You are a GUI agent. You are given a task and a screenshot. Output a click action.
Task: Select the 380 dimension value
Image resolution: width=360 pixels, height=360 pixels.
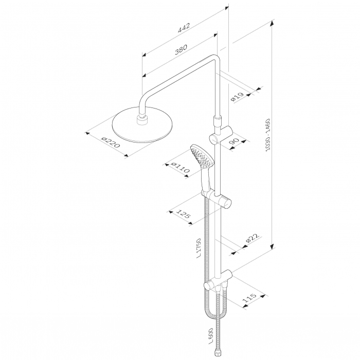click(181, 49)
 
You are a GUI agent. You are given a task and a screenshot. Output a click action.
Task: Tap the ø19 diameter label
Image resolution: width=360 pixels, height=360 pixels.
click(237, 97)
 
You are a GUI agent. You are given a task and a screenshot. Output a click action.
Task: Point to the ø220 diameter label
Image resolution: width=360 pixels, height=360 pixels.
click(111, 142)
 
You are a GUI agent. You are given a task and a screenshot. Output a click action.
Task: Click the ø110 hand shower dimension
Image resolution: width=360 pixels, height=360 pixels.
click(181, 167)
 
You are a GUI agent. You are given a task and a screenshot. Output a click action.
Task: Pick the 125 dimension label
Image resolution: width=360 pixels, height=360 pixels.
click(183, 213)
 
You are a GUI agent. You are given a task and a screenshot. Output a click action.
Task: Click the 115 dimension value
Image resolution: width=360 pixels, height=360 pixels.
click(249, 298)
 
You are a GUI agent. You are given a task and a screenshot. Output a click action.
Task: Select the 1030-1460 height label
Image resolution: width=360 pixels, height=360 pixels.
click(268, 135)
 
